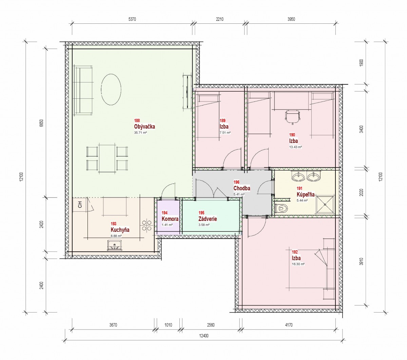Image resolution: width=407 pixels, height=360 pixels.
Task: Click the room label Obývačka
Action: [x=144, y=127]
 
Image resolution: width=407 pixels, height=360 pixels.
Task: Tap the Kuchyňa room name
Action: [x=120, y=230]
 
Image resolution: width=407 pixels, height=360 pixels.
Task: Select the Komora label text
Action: [x=170, y=219]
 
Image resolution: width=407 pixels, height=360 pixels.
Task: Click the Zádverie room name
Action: [x=208, y=219]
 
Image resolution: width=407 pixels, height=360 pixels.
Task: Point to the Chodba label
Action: [x=242, y=188]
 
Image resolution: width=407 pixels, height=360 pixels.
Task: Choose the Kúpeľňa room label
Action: [x=306, y=194]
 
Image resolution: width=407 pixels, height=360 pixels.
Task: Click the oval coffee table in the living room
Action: [x=111, y=90]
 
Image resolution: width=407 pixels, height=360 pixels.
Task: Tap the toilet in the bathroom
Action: [x=282, y=208]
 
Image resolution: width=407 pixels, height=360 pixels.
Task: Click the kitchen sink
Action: [x=115, y=245]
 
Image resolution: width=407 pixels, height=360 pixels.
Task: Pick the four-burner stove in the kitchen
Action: [x=147, y=225]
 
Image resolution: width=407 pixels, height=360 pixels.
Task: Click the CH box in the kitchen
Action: [x=80, y=205]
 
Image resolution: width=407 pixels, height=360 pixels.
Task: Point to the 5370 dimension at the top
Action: [x=132, y=19]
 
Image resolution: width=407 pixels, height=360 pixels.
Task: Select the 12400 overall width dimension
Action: [x=204, y=336]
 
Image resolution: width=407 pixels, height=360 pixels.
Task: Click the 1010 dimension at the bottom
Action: [x=168, y=325]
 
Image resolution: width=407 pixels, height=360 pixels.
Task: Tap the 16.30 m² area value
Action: [x=298, y=264]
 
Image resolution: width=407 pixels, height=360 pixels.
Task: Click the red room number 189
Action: [x=222, y=120]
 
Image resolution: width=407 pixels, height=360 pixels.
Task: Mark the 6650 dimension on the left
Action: [x=42, y=123]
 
